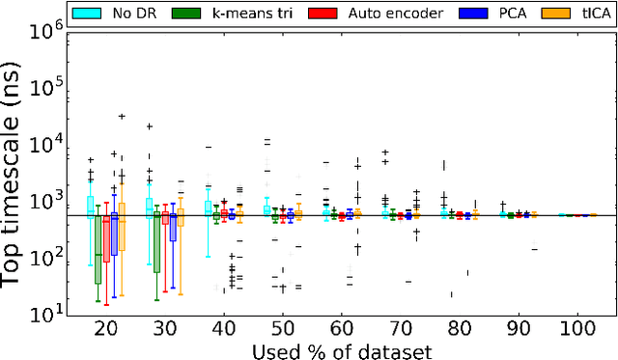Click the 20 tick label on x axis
click(105, 328)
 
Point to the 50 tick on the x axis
click(282, 328)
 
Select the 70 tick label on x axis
click(400, 328)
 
